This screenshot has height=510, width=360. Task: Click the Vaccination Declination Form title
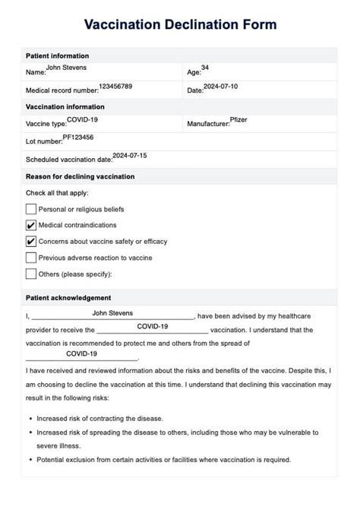click(x=180, y=25)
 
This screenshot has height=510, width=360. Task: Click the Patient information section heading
click(x=57, y=56)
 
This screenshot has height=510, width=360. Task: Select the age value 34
click(x=205, y=68)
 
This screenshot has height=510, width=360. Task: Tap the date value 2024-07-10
click(x=221, y=86)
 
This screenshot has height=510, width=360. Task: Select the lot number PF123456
click(x=78, y=137)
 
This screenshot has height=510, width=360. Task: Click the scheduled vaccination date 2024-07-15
click(x=130, y=155)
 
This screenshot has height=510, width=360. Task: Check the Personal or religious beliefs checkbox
click(x=31, y=209)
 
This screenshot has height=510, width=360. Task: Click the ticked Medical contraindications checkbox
click(x=31, y=225)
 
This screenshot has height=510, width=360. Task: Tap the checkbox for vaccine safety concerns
click(x=31, y=242)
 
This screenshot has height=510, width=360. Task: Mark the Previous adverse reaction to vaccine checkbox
click(x=31, y=258)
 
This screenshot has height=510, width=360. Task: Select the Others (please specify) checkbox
click(x=31, y=274)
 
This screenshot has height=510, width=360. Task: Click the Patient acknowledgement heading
click(x=68, y=298)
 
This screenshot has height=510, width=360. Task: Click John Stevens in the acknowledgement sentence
click(x=112, y=312)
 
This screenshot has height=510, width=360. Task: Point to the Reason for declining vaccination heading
click(x=80, y=176)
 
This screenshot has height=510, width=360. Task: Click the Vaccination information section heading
click(x=65, y=107)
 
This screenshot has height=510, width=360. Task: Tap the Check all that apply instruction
click(x=58, y=193)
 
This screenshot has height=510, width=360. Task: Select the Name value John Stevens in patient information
click(x=66, y=68)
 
